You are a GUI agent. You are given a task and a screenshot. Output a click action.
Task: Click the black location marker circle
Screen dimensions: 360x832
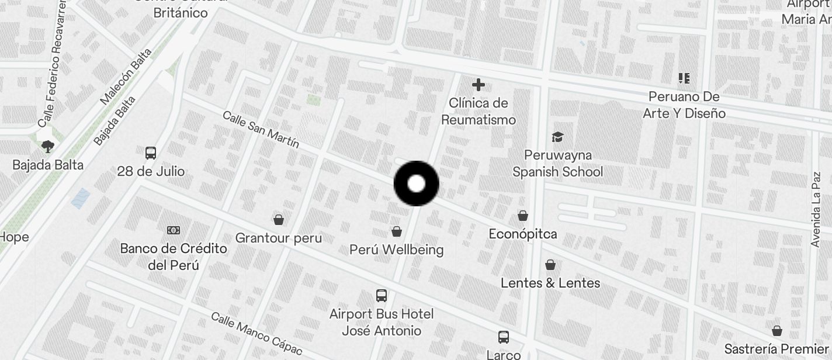[416, 184]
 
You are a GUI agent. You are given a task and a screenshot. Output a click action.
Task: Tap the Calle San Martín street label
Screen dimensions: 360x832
[261, 129]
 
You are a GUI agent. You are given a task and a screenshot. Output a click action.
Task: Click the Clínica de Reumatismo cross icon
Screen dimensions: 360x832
[479, 85]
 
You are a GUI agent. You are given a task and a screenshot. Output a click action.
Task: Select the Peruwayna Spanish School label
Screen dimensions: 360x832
[557, 164]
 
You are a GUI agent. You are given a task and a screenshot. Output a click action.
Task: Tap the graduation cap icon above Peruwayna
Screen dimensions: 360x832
[557, 137]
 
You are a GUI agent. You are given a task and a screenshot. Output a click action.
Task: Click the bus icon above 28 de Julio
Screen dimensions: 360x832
[151, 153]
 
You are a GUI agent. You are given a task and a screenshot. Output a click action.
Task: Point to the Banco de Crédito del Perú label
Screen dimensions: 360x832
[174, 257]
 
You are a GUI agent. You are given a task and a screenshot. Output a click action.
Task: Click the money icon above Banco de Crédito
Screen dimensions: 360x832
[174, 230]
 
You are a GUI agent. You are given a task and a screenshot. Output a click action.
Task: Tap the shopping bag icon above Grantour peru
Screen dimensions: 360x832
[279, 220]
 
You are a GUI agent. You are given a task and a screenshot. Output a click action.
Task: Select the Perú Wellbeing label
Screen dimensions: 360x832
[396, 250]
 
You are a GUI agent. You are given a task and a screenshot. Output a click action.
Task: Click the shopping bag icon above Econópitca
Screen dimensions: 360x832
[523, 216]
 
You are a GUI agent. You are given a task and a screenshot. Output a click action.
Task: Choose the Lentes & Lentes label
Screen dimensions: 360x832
[550, 283]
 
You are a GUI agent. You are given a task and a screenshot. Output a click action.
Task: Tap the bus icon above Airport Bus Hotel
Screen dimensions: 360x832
[382, 296]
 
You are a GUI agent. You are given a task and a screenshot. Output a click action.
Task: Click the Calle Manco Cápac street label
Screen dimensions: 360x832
[256, 334]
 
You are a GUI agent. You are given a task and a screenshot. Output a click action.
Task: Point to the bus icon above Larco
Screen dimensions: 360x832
[504, 337]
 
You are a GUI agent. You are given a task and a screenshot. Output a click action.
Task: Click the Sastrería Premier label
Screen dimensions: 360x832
[777, 349]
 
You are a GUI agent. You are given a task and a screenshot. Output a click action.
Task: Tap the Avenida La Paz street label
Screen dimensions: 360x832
[816, 209]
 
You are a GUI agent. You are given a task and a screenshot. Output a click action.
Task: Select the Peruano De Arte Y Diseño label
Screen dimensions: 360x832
[684, 105]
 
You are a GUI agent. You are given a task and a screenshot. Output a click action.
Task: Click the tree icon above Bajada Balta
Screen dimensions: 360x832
[48, 147]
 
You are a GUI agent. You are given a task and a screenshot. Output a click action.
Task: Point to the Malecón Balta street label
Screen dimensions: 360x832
[126, 77]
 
